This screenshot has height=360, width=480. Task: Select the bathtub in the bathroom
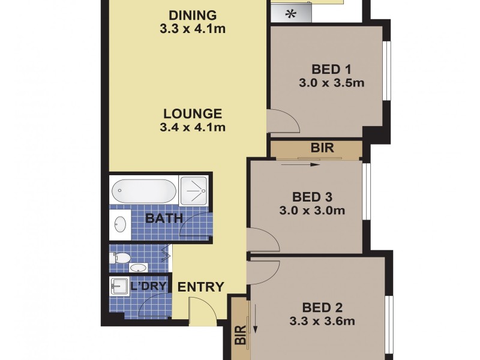click(x=144, y=191)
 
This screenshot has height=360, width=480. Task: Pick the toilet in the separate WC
click(x=119, y=259)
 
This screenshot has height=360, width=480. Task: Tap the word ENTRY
click(x=201, y=287)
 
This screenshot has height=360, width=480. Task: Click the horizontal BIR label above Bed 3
click(x=322, y=148)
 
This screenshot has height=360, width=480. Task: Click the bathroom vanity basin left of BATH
click(x=119, y=224)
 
